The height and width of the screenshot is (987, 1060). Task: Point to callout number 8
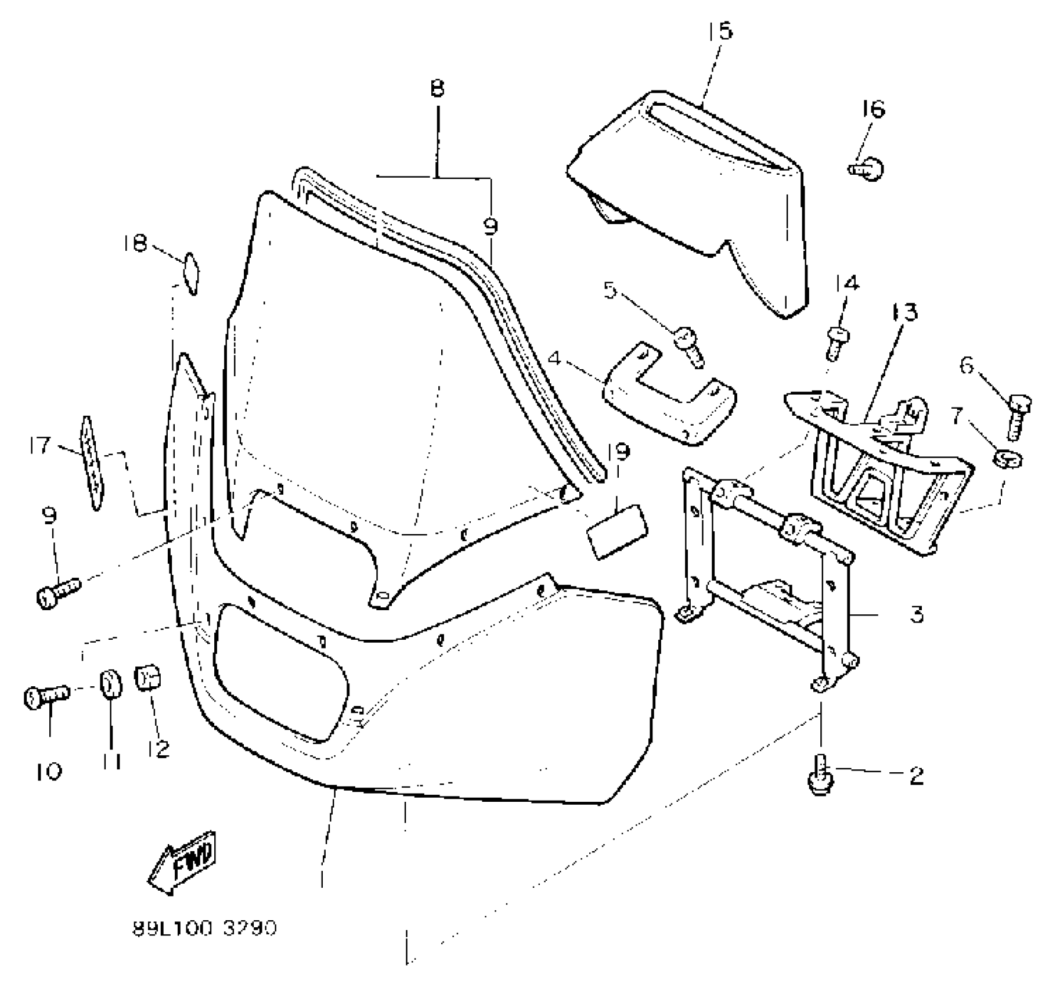[x=437, y=89]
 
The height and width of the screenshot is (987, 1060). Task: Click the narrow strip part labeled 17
[x=91, y=463]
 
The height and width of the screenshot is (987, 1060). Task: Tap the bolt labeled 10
[x=46, y=695]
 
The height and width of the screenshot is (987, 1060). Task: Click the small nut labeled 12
[x=147, y=677]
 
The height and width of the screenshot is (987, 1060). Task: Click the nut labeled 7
[x=1009, y=460]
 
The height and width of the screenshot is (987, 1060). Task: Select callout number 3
[x=916, y=614]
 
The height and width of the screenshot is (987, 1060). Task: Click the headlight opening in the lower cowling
[x=279, y=673]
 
